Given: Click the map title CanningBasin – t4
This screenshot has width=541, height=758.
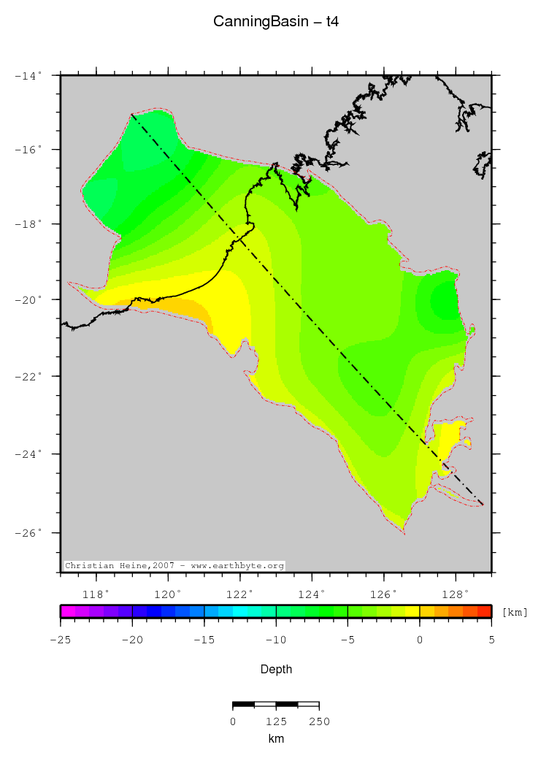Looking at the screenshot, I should click(x=275, y=22).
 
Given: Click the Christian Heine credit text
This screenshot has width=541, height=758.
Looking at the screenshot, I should click(x=174, y=566).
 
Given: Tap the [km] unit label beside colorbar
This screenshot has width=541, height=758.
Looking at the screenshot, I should click(x=515, y=612).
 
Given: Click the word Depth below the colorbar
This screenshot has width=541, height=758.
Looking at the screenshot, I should click(x=276, y=669).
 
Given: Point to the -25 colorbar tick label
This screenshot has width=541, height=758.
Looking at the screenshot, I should click(x=61, y=640).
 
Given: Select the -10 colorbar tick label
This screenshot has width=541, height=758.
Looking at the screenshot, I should click(x=276, y=640).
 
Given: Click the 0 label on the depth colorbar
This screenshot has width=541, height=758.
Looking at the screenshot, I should click(x=420, y=640).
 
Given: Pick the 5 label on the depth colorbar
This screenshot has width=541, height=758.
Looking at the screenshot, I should click(x=491, y=640).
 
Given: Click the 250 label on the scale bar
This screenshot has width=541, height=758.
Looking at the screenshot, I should click(x=319, y=721).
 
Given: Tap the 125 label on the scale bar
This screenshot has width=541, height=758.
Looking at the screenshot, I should click(x=276, y=721).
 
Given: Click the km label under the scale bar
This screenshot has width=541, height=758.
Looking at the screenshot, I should click(x=276, y=739).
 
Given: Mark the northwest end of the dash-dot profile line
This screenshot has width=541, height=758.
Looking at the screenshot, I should click(x=132, y=115).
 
